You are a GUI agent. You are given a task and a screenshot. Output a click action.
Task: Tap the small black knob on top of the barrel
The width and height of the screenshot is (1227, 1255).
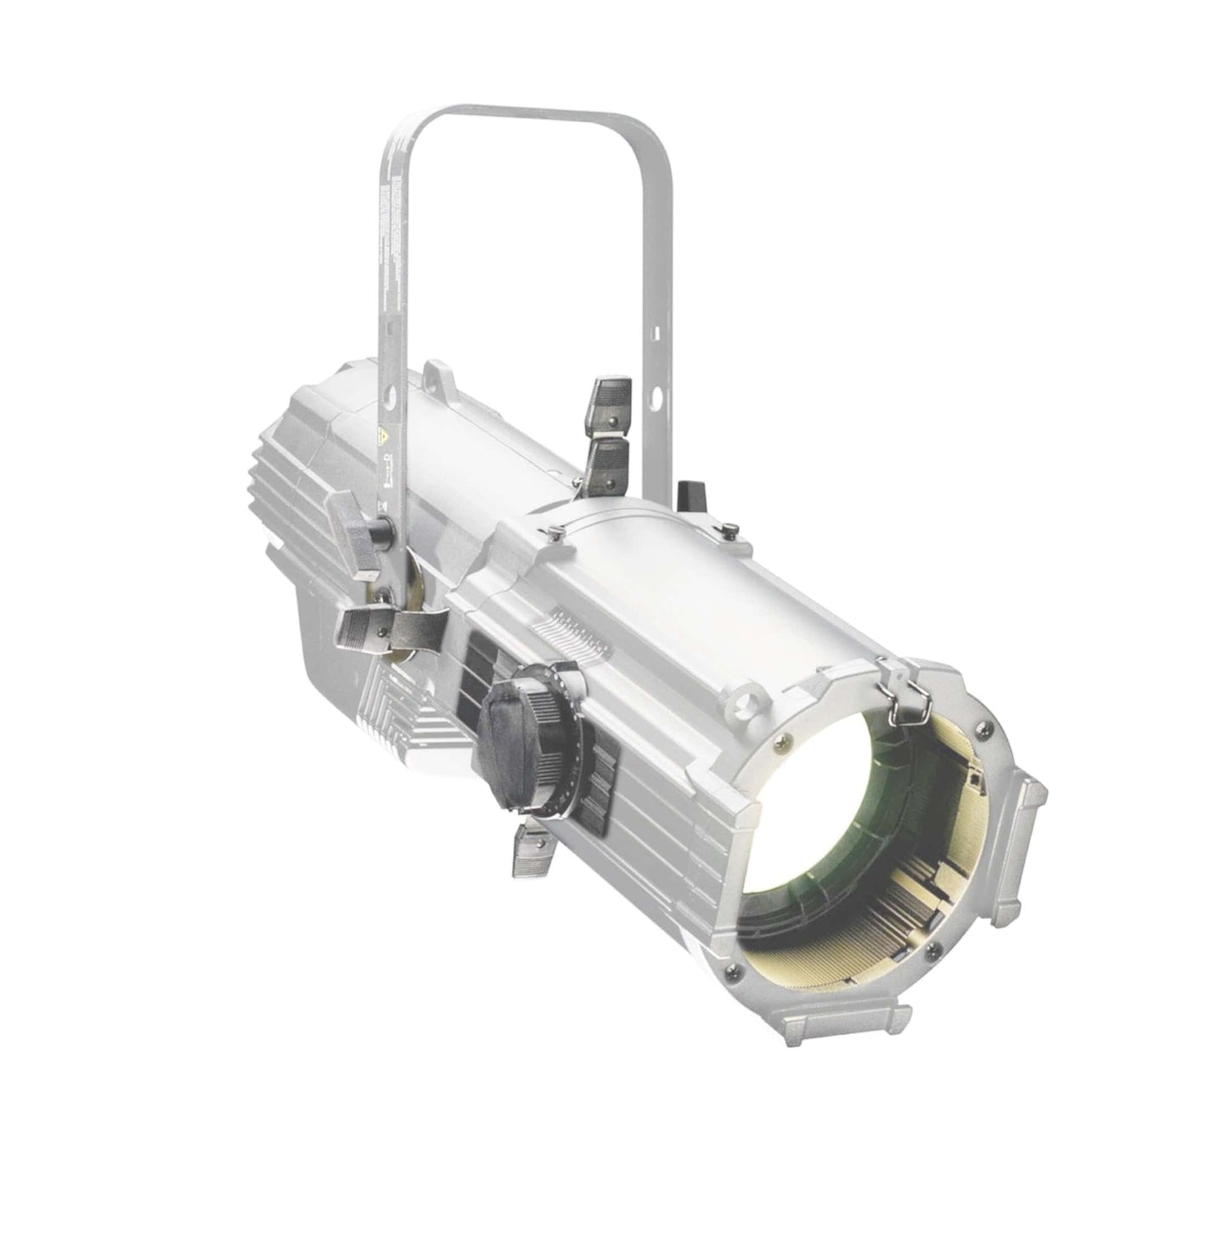coord(687,494)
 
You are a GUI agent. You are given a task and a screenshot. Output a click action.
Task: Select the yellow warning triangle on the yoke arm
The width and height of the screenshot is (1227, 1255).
coord(381,438)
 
